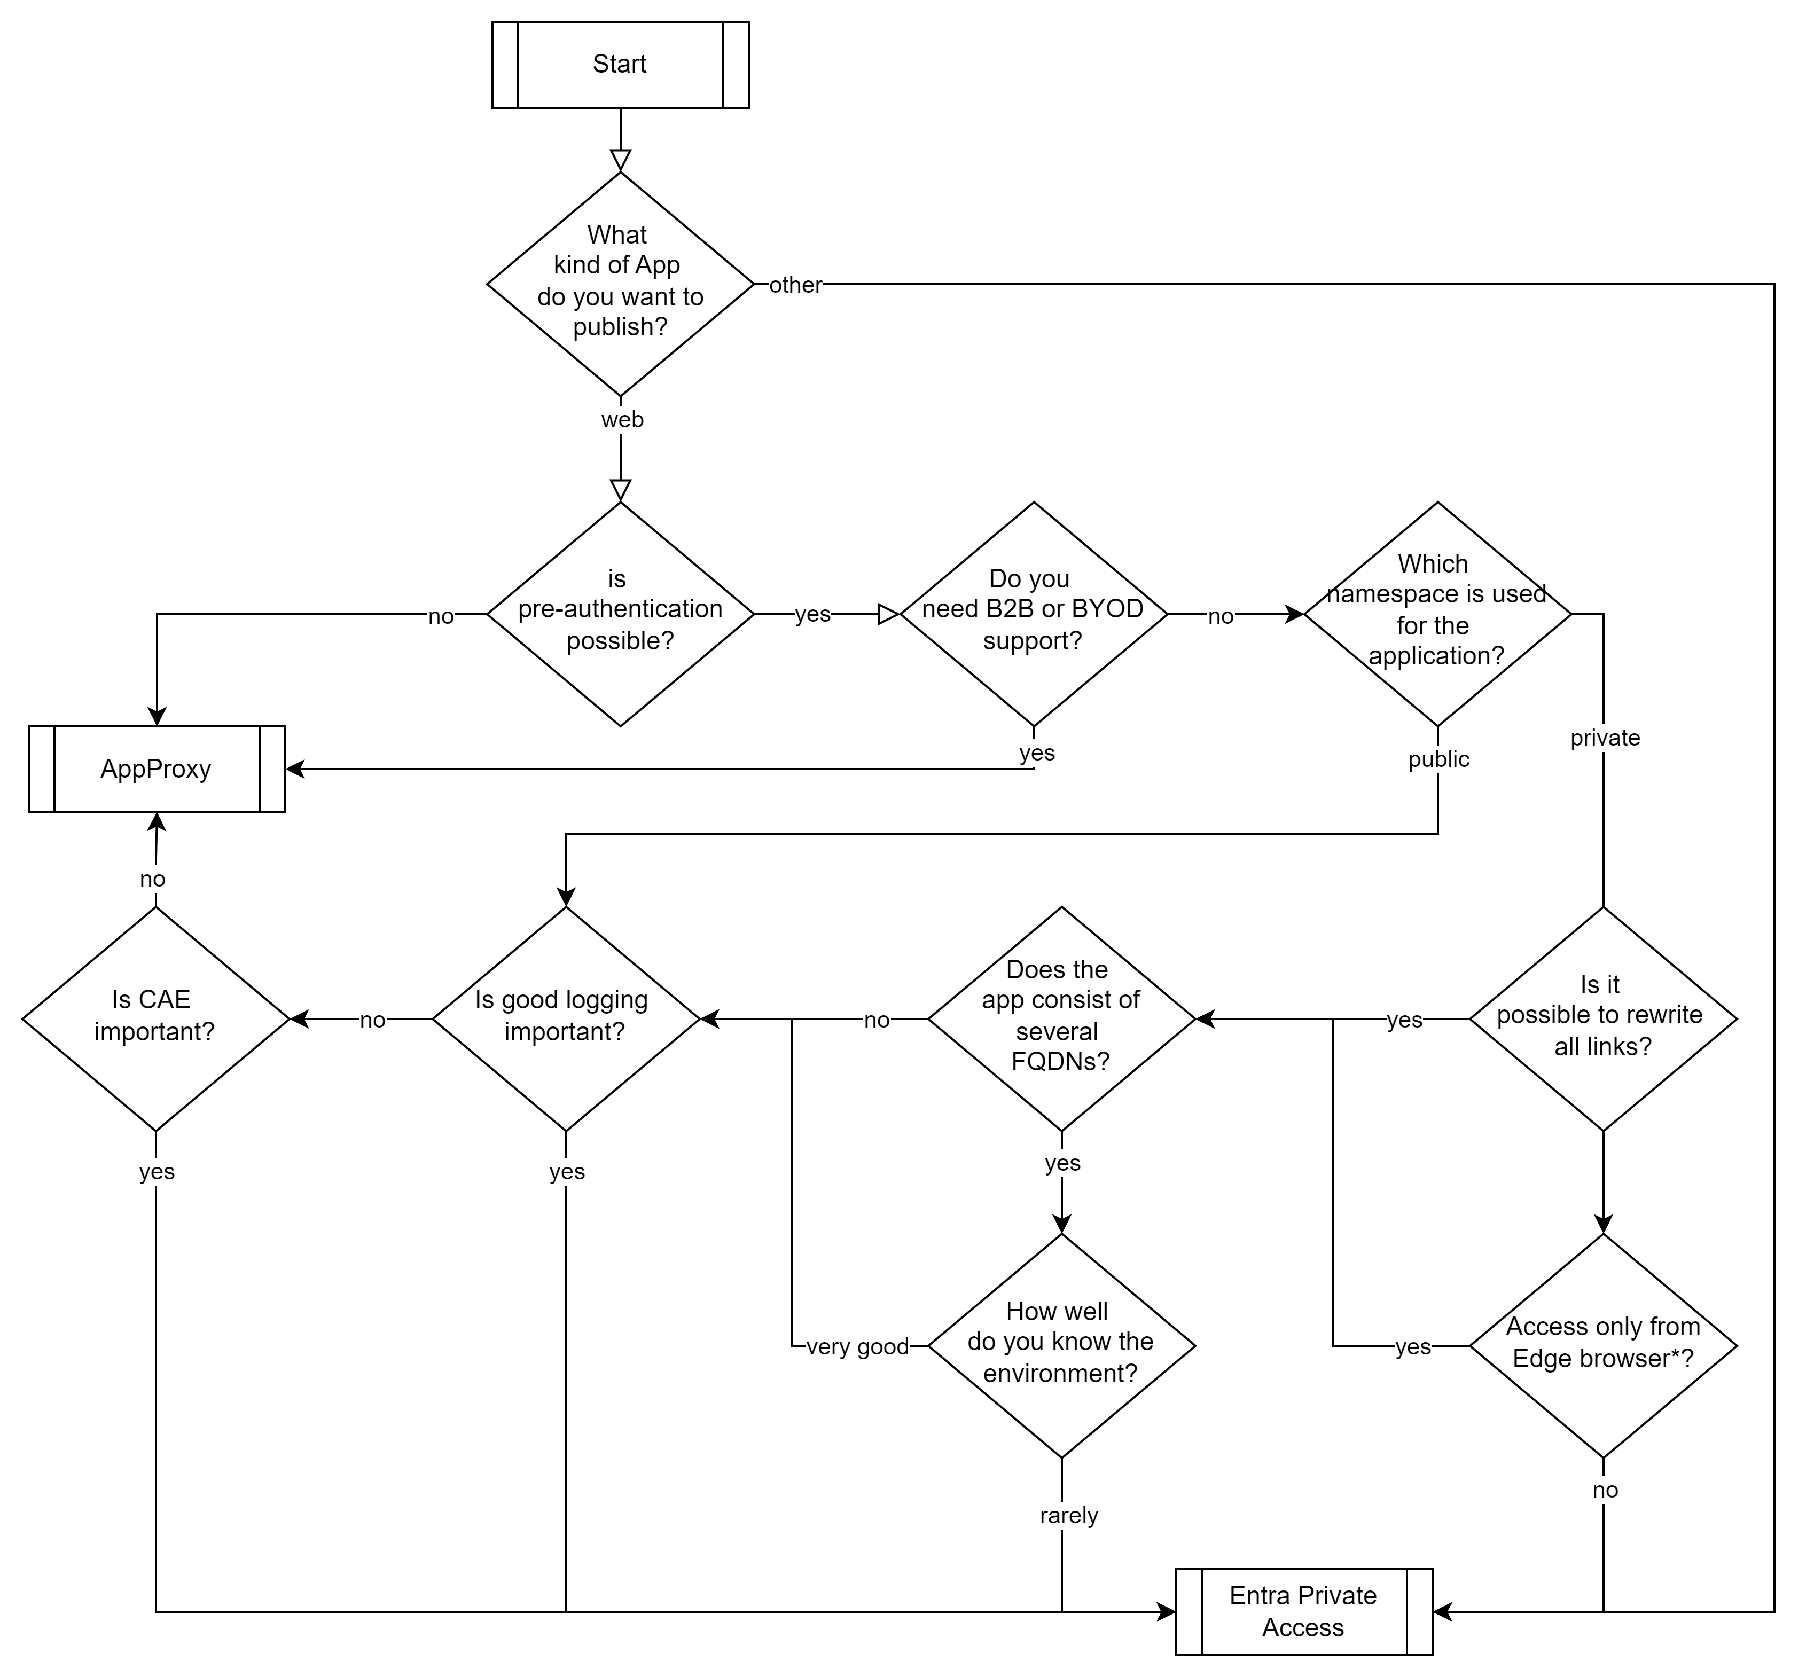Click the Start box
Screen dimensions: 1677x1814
point(620,65)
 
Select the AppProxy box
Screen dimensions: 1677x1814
point(156,769)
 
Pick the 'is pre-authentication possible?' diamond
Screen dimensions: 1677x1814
point(620,614)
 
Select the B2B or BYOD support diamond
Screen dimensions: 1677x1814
point(1034,614)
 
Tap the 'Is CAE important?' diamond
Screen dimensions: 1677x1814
point(155,1018)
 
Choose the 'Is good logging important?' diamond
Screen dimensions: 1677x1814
point(565,1018)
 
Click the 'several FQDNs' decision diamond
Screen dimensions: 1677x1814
point(1061,1018)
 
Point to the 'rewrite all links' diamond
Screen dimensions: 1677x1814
point(1602,1018)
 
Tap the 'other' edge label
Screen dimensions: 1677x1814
point(795,285)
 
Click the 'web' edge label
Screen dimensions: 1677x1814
point(622,419)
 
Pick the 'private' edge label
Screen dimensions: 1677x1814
point(1605,738)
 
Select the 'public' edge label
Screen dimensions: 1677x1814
point(1438,758)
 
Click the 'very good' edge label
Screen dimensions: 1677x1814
point(857,1347)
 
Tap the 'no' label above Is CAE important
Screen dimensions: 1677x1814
point(152,879)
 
